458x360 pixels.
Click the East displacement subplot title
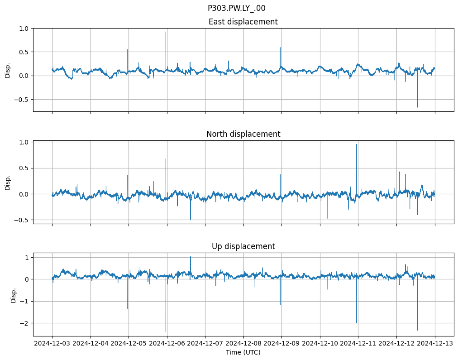click(243, 22)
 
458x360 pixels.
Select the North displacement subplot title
click(243, 134)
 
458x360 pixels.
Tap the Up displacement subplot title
click(243, 246)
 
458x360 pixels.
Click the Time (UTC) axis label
click(243, 352)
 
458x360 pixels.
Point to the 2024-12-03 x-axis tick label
click(52, 344)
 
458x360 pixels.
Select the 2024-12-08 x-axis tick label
click(243, 344)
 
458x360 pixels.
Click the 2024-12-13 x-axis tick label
click(435, 344)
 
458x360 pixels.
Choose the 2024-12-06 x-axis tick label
click(167, 344)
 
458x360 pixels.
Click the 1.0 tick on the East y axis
click(23, 29)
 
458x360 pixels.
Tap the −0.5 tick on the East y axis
click(21, 99)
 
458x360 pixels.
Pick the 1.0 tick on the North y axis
click(23, 142)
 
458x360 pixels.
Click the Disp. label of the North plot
click(8, 182)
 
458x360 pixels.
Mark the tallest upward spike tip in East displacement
click(166, 32)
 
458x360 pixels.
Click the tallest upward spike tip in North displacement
click(357, 144)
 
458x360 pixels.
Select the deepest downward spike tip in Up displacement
click(166, 332)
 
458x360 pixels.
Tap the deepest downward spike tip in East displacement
click(417, 107)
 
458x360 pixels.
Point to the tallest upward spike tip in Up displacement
click(191, 257)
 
